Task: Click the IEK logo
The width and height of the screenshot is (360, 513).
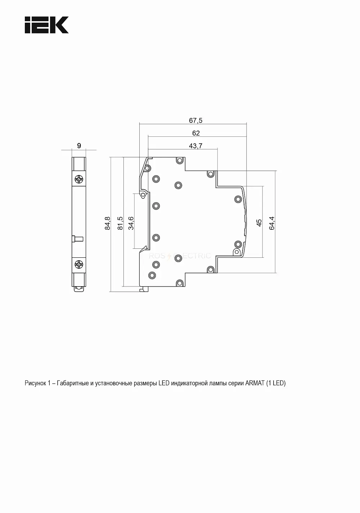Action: (x=46, y=25)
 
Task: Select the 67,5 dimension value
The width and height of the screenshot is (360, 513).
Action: (x=195, y=121)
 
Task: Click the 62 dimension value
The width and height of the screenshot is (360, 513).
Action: (x=196, y=133)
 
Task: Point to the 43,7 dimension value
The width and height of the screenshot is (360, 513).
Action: (x=195, y=146)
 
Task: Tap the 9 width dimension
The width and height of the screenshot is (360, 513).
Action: (x=79, y=146)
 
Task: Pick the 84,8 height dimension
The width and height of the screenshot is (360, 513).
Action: (x=107, y=223)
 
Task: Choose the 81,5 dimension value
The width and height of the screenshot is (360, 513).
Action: (x=120, y=223)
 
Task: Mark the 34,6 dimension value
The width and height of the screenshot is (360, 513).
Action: (x=131, y=223)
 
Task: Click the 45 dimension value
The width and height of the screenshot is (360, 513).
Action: (x=259, y=223)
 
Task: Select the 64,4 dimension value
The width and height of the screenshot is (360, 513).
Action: (x=272, y=223)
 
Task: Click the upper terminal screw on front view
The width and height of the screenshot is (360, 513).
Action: (x=79, y=179)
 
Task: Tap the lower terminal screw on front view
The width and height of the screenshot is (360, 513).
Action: (x=79, y=265)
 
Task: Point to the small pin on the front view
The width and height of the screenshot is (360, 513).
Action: (x=78, y=239)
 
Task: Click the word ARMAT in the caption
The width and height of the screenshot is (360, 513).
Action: (x=255, y=383)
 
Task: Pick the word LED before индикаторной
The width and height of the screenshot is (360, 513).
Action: (x=164, y=383)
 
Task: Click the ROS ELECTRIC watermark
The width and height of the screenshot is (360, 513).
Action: (x=180, y=256)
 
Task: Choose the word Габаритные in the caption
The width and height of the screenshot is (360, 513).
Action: (x=73, y=383)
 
